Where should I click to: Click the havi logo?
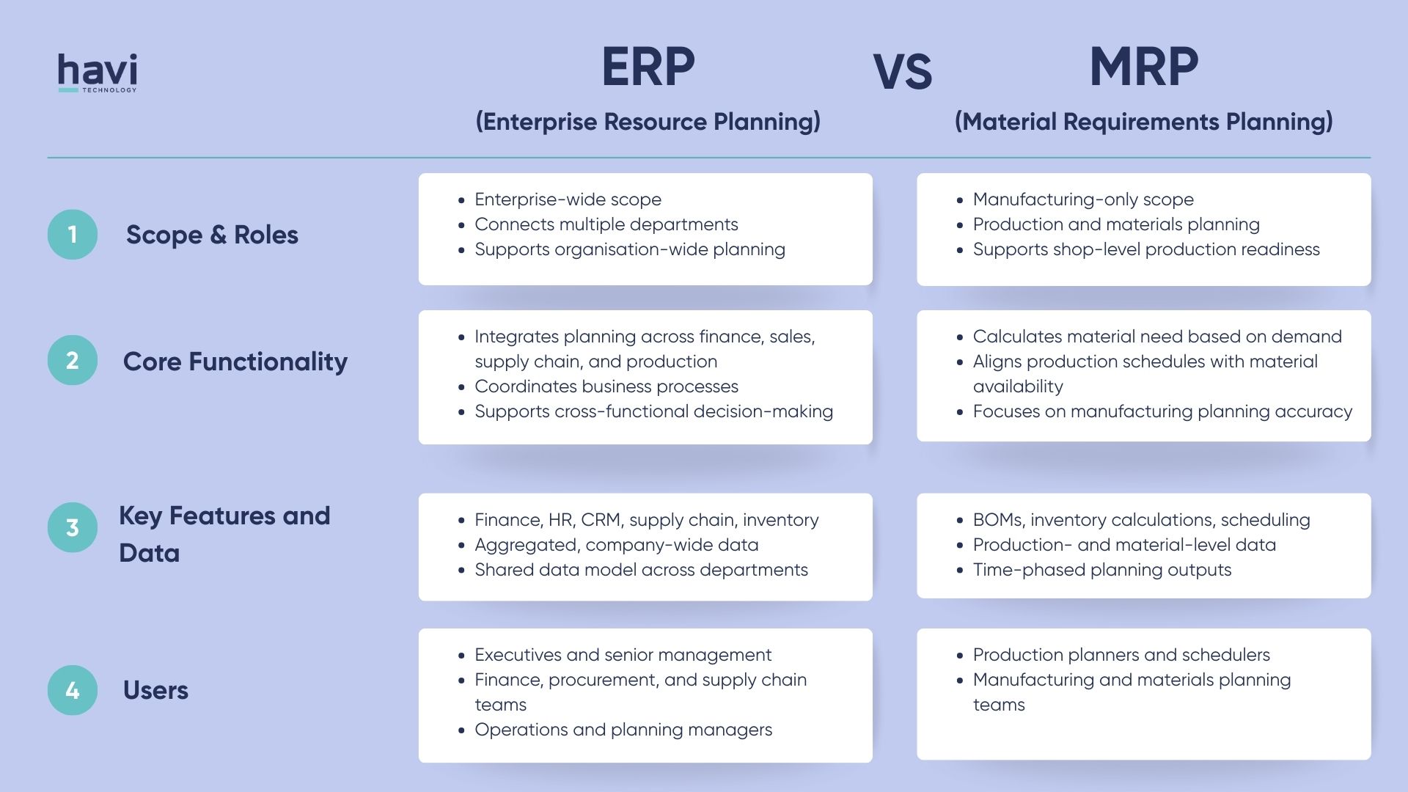pyautogui.click(x=98, y=73)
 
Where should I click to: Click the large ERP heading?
pyautogui.click(x=648, y=67)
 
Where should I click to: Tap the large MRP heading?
pyautogui.click(x=1143, y=67)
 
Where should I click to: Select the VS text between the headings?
pyautogui.click(x=902, y=73)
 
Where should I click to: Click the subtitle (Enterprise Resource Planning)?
pyautogui.click(x=648, y=122)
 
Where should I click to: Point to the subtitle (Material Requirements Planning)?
pyautogui.click(x=1143, y=122)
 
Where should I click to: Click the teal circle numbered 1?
pyautogui.click(x=73, y=235)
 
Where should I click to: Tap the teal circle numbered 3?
pyautogui.click(x=73, y=527)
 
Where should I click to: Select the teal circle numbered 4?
pyautogui.click(x=73, y=690)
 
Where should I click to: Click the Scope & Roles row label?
pyautogui.click(x=212, y=235)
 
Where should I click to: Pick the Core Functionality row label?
pyautogui.click(x=235, y=362)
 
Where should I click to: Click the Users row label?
pyautogui.click(x=155, y=690)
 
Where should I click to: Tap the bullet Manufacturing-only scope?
pyautogui.click(x=1083, y=199)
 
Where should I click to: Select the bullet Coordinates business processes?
pyautogui.click(x=606, y=386)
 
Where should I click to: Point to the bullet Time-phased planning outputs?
pyautogui.click(x=1101, y=570)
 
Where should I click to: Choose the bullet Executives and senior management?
pyautogui.click(x=623, y=655)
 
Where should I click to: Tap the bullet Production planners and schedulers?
pyautogui.click(x=1121, y=655)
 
